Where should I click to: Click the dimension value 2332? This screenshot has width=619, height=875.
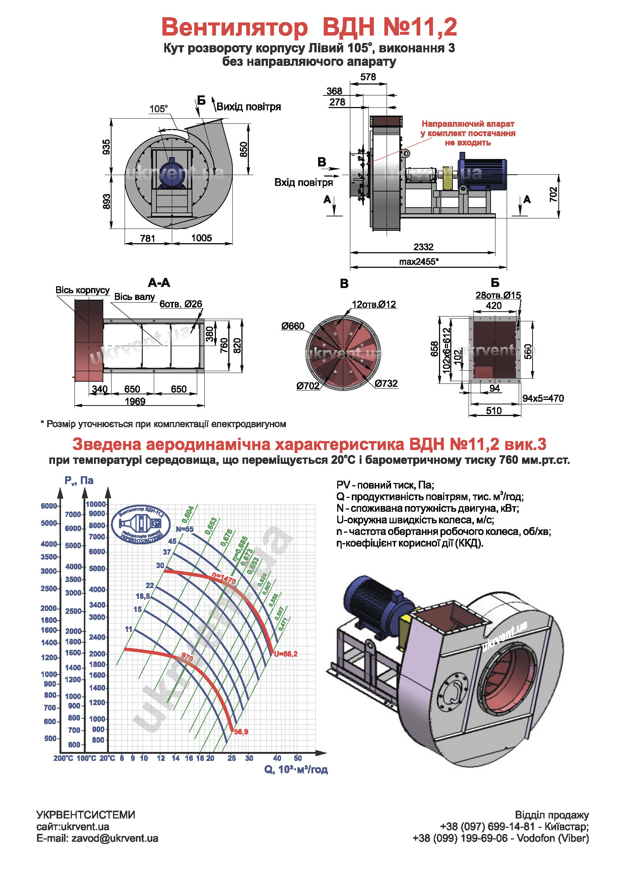[424, 247]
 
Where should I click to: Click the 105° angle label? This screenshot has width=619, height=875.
[158, 109]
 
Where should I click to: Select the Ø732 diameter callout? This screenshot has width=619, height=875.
[386, 383]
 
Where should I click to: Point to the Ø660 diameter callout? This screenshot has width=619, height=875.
[293, 326]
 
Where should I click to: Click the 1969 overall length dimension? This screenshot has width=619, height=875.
[135, 401]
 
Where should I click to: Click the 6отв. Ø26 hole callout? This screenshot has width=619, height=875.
[181, 304]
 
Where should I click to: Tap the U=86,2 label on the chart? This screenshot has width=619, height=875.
[286, 654]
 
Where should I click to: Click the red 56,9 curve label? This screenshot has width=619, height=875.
[241, 732]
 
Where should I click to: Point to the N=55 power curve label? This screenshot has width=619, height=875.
[185, 529]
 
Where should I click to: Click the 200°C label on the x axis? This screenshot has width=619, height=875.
[63, 758]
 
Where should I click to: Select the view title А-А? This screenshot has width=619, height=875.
[159, 283]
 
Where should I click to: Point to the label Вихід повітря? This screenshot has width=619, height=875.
[248, 107]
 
